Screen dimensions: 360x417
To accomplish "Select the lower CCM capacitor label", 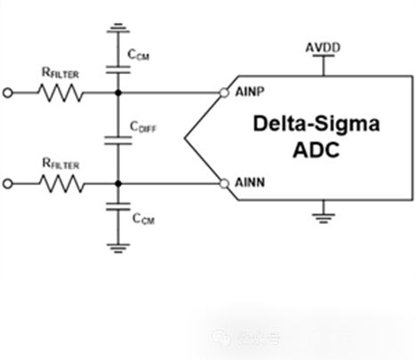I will pos(142,218).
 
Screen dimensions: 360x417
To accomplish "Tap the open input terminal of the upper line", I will pos(9,92).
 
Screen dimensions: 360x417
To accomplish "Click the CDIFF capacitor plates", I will pos(116,138).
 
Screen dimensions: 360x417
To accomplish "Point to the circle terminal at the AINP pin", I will pos(224,92).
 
